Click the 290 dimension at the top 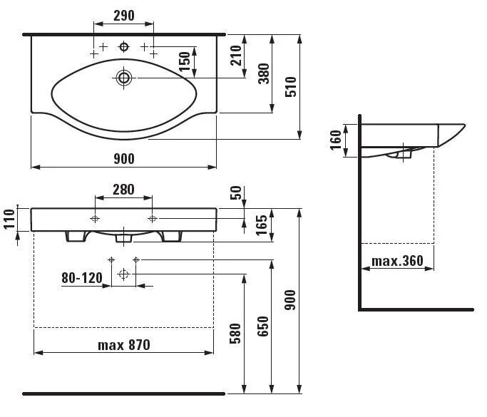pos(123,16)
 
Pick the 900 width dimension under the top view pos(123,158)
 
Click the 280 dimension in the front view pos(123,189)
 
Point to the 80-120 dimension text pos(82,277)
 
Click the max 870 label pos(124,344)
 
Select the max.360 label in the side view pos(398,262)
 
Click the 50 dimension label pos(236,192)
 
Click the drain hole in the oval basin pos(125,76)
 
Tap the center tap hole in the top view pos(124,46)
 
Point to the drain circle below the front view pos(123,274)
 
